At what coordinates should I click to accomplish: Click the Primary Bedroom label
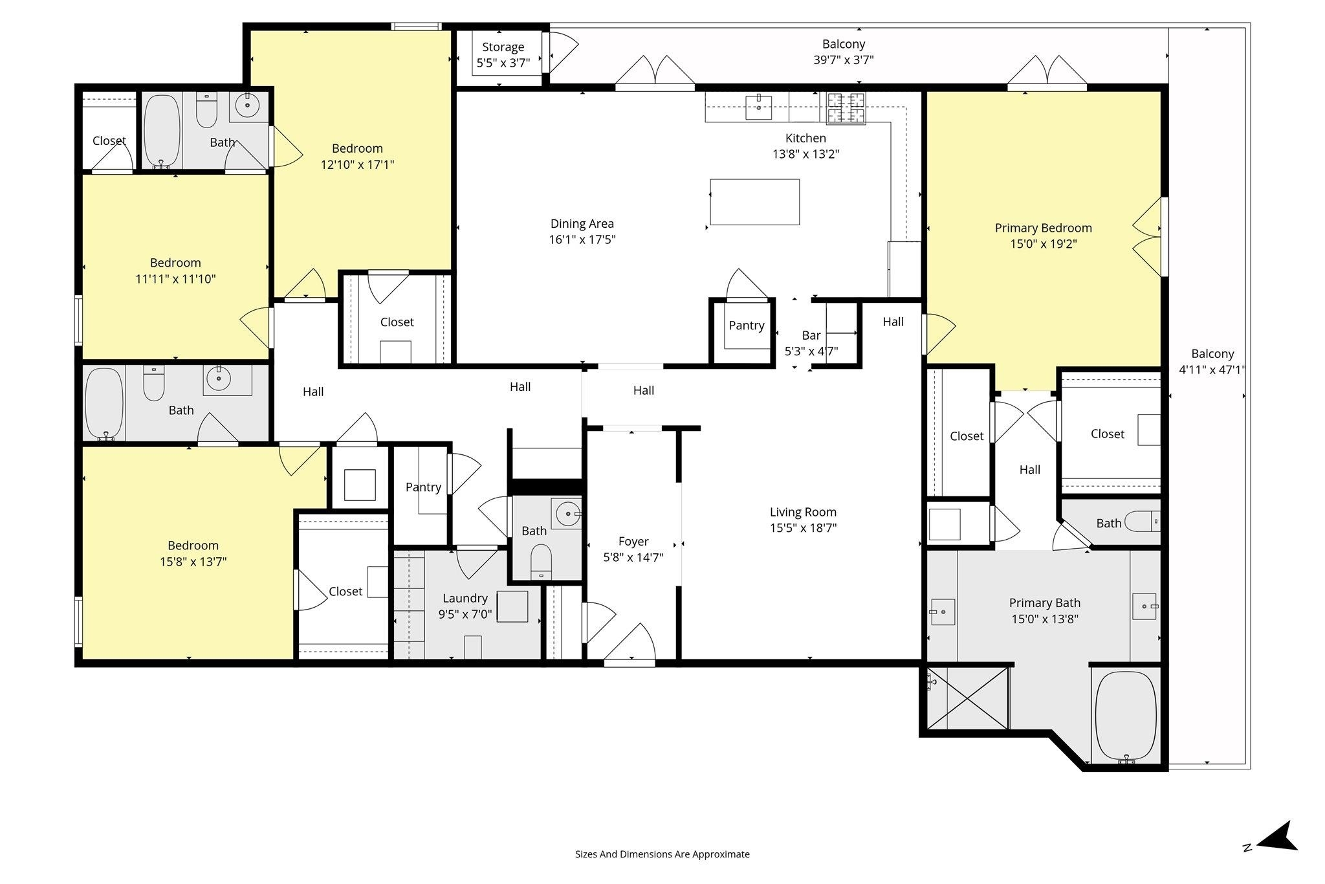(1043, 228)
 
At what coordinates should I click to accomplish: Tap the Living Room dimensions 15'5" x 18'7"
(803, 527)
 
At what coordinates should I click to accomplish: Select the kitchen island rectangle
(754, 202)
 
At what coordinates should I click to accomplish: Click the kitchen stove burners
(846, 108)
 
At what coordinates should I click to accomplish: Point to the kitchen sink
(758, 107)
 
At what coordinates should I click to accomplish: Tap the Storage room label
(503, 47)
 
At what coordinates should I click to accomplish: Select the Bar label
(811, 335)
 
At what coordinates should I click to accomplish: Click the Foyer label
(633, 542)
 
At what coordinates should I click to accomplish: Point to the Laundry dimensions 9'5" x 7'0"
(465, 614)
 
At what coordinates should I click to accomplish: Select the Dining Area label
(582, 224)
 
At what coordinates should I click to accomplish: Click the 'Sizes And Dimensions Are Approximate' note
(662, 854)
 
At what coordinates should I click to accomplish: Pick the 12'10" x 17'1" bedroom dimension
(357, 164)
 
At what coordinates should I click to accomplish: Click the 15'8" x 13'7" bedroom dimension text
(193, 562)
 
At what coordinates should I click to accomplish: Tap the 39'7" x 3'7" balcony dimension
(844, 60)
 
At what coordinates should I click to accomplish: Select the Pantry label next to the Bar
(747, 326)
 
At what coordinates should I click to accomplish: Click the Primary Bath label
(1045, 603)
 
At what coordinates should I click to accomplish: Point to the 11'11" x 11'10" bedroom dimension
(175, 279)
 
